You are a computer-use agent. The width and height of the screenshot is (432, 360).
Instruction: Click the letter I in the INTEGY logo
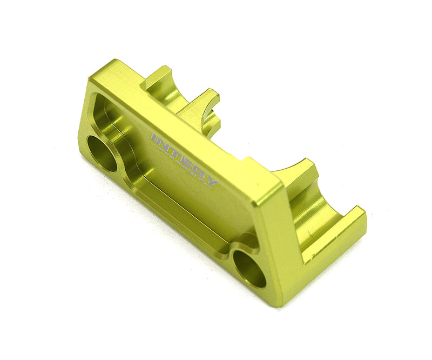(x=154, y=138)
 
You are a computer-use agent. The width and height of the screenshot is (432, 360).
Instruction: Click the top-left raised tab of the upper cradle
(x=157, y=76)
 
